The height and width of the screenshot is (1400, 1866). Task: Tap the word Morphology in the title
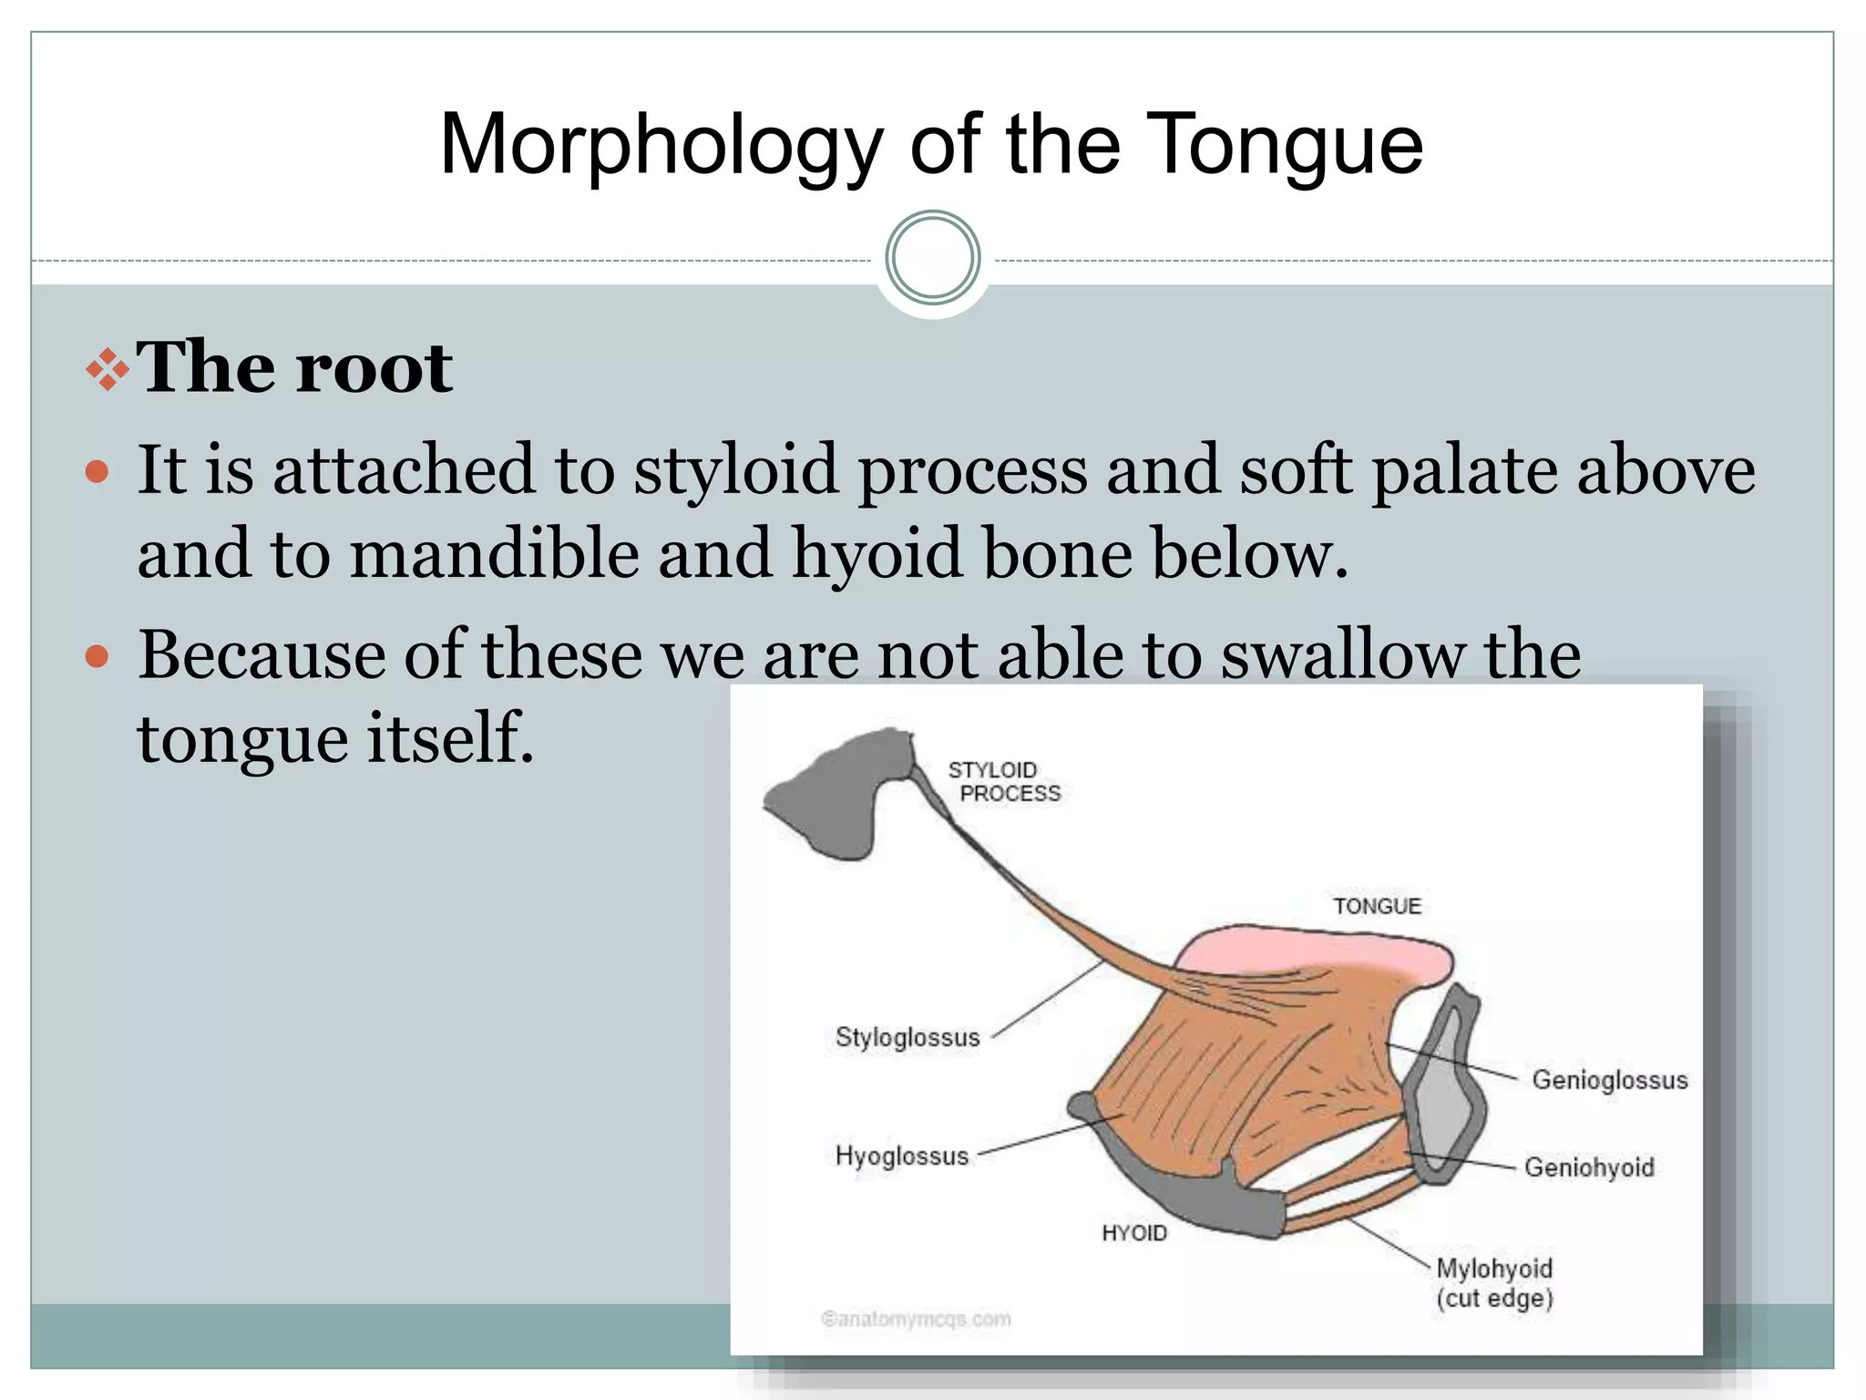pos(661,146)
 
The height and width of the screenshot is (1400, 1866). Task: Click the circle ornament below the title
pos(932,258)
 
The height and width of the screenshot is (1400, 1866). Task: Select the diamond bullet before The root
pos(108,369)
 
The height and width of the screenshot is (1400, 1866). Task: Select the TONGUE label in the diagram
pos(1377,906)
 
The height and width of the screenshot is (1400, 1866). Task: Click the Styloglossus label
pos(907,1037)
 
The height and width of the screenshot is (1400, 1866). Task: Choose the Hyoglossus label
pos(902,1156)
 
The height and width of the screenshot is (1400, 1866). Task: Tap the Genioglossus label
pos(1609,1080)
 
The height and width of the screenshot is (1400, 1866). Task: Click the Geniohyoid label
pos(1589,1168)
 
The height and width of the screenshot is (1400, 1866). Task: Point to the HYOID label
pos(1133,1233)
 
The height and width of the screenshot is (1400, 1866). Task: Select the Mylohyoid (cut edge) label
pos(1494,1282)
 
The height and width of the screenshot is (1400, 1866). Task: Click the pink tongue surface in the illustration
pos(1312,952)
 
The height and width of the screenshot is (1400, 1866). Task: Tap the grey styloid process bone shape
pos(829,798)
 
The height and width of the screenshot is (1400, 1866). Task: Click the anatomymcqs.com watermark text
pos(917,1319)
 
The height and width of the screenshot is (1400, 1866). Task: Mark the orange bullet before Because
pos(97,656)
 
